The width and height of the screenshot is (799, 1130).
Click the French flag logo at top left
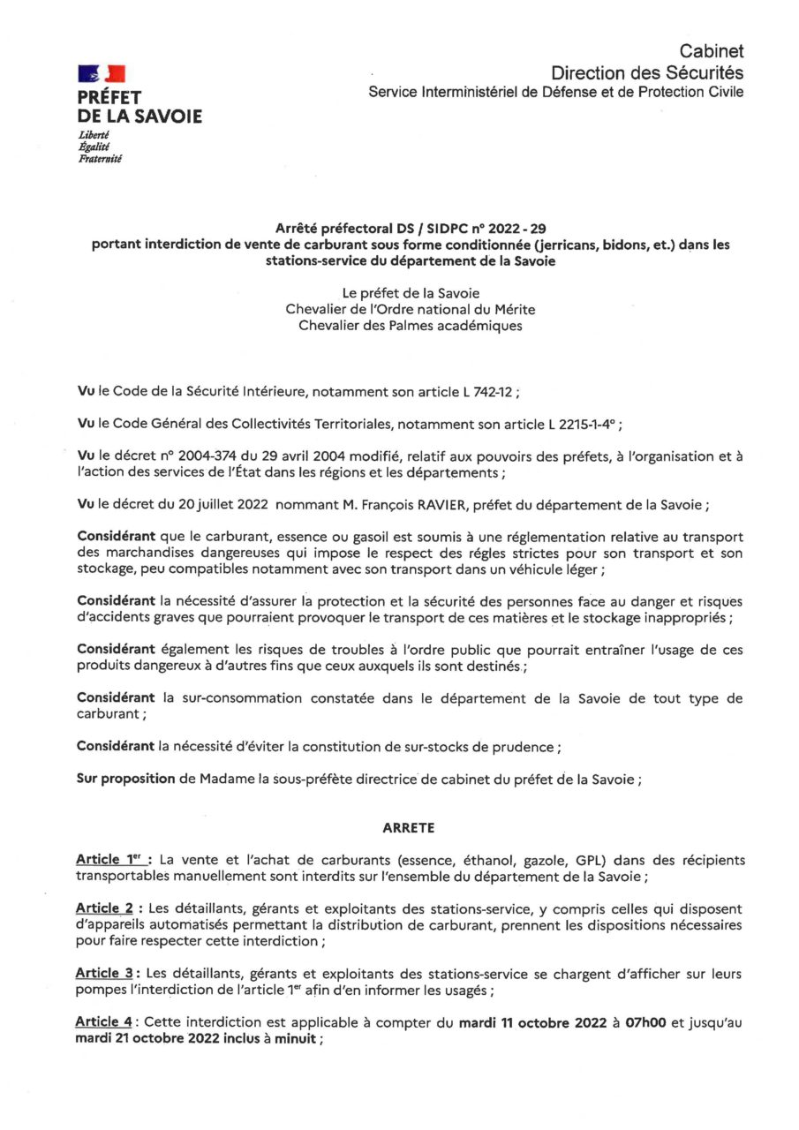click(102, 73)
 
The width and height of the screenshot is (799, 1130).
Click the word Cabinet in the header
click(711, 52)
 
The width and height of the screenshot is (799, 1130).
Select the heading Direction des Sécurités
click(647, 72)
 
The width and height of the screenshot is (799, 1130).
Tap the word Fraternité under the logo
click(100, 159)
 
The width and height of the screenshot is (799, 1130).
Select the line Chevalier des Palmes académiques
click(411, 325)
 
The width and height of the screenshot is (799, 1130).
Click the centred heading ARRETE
click(409, 828)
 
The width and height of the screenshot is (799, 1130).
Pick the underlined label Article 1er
click(113, 859)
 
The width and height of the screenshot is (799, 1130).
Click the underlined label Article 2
click(109, 908)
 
